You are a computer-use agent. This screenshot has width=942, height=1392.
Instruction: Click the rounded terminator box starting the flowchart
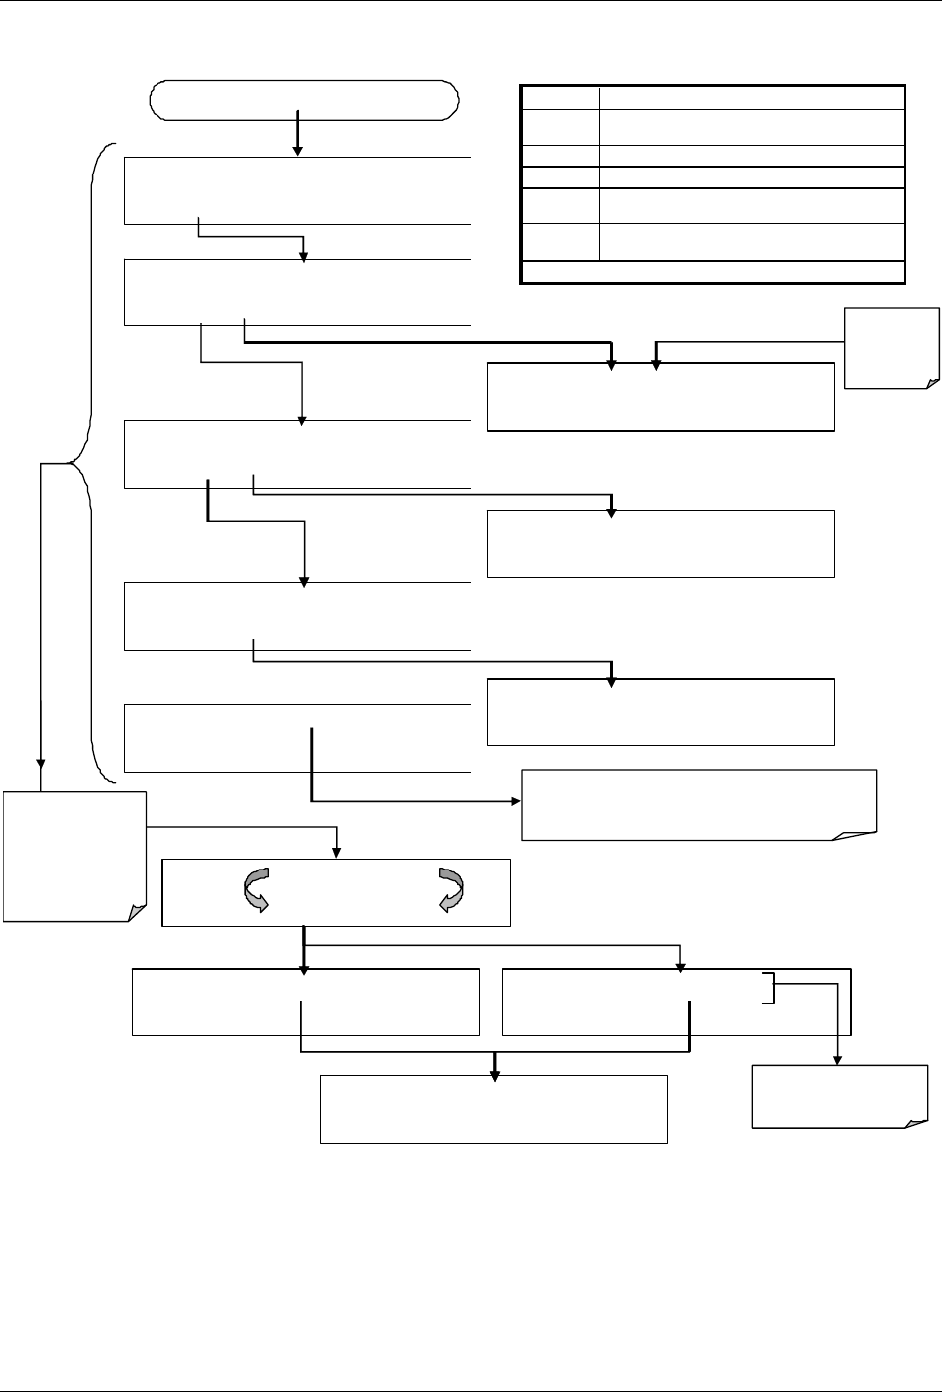coord(303,100)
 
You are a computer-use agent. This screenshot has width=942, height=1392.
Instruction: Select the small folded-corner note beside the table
coord(892,347)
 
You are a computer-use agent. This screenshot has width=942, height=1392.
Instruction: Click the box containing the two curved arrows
coord(336,891)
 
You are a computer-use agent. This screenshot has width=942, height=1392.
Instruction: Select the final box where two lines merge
coord(493,1108)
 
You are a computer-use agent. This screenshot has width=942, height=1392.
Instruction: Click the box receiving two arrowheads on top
coord(661,396)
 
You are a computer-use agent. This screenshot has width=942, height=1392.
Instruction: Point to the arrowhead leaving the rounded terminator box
coord(297,149)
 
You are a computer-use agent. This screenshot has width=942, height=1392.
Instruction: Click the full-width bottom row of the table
coord(713,272)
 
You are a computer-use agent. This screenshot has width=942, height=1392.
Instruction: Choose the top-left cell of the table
coord(560,97)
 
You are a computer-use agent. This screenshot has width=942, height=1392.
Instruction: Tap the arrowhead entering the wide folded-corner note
coord(516,801)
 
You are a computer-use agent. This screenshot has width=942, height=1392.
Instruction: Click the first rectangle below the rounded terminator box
coord(297,189)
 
